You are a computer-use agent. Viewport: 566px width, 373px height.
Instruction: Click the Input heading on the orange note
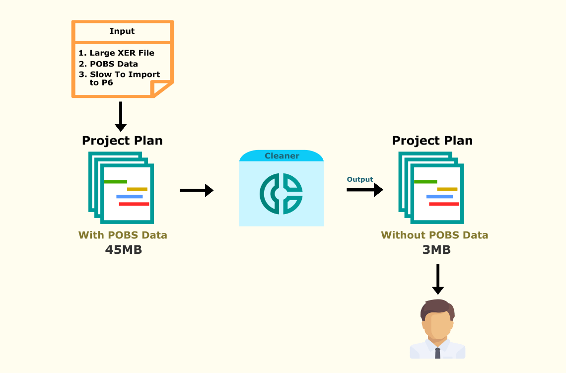tap(122, 31)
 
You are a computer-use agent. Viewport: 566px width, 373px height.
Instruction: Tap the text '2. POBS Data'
tap(109, 64)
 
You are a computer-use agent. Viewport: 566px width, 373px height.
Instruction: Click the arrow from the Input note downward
tap(121, 116)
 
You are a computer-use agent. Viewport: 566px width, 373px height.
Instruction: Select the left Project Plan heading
tap(122, 141)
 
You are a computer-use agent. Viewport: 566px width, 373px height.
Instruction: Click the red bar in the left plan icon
tap(134, 204)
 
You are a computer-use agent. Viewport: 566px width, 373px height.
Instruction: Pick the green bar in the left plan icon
tap(116, 182)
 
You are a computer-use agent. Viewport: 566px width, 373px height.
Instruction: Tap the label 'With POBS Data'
tap(123, 235)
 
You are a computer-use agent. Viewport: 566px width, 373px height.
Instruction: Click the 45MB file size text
tap(124, 250)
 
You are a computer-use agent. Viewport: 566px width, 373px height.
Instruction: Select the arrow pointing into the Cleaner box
tap(197, 190)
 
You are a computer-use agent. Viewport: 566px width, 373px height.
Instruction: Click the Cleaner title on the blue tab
tap(282, 156)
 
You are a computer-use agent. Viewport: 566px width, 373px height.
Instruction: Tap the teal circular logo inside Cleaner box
tap(282, 194)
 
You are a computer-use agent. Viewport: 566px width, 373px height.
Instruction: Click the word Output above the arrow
tap(359, 179)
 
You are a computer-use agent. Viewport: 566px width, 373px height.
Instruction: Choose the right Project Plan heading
tap(432, 141)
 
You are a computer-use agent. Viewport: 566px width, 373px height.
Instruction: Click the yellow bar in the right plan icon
tap(447, 189)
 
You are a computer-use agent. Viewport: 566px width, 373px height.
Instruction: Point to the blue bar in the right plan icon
tap(439, 197)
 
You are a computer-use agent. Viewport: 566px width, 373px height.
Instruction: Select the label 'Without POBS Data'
tap(434, 235)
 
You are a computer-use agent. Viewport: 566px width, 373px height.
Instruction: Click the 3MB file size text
tap(436, 250)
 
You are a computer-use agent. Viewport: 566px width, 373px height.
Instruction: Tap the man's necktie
tap(437, 353)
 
